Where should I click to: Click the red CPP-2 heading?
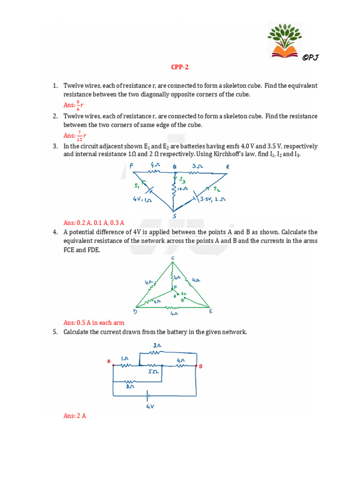pyautogui.click(x=180, y=67)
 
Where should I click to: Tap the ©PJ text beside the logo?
pyautogui.click(x=311, y=58)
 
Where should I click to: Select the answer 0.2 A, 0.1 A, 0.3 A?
pyautogui.click(x=97, y=223)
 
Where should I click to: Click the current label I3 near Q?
pyautogui.click(x=183, y=181)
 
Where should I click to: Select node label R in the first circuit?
pyautogui.click(x=228, y=167)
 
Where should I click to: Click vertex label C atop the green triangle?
pyautogui.click(x=172, y=257)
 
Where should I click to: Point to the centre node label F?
pyautogui.click(x=176, y=286)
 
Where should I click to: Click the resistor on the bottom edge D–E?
pyautogui.click(x=173, y=308)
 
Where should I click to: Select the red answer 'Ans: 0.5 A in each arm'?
pyautogui.click(x=94, y=323)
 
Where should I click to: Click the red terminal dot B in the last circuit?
pyautogui.click(x=196, y=366)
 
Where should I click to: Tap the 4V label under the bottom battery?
pyautogui.click(x=150, y=407)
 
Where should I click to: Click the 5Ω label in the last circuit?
pyautogui.click(x=153, y=372)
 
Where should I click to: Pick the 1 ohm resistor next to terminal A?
pyautogui.click(x=125, y=366)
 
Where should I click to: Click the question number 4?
pyautogui.click(x=55, y=232)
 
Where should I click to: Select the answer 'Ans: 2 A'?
pyautogui.click(x=75, y=416)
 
